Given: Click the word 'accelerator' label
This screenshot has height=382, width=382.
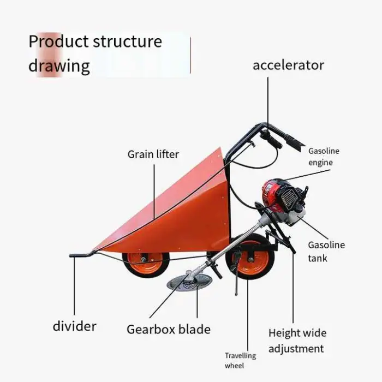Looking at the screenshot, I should click(x=288, y=65).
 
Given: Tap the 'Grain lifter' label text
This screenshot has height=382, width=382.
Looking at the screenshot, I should click(x=153, y=154).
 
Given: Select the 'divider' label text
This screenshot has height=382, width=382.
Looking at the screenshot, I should click(x=75, y=326).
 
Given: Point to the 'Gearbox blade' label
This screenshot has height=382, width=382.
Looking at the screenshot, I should click(x=169, y=329).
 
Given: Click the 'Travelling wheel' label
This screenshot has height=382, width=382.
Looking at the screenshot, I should click(x=240, y=361).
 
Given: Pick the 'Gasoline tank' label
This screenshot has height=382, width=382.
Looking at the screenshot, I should click(x=326, y=252).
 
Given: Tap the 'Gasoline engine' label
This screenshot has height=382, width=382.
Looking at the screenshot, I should click(x=324, y=157).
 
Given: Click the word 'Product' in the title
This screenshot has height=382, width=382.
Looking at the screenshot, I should click(x=57, y=41).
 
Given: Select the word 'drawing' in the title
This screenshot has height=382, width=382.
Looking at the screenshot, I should click(x=59, y=66).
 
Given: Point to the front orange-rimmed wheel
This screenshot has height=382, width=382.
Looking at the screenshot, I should click(x=146, y=264).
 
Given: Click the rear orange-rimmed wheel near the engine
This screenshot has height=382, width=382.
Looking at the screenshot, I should click(x=250, y=262).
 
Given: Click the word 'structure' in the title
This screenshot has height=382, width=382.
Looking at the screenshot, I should click(x=127, y=41).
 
